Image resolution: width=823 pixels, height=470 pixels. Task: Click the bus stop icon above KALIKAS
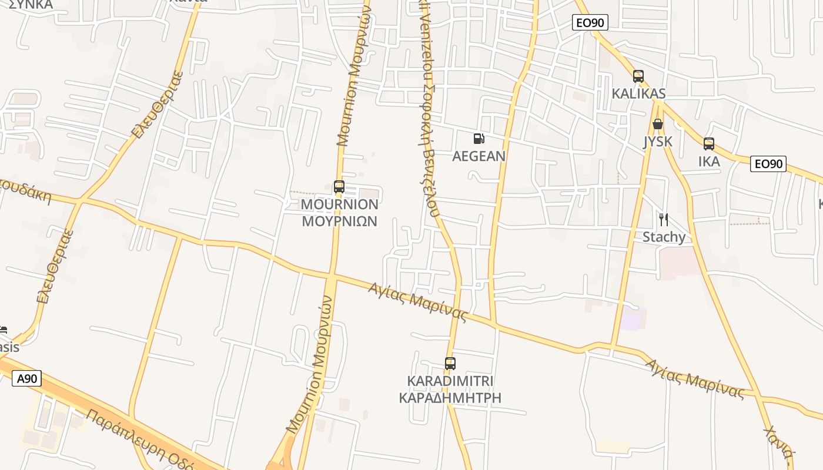point(638,76)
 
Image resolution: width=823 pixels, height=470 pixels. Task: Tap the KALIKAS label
point(638,93)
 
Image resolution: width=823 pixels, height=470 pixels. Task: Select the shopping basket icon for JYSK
point(658,124)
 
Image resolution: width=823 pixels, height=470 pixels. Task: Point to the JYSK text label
point(658,142)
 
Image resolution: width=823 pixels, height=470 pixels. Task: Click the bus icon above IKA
point(709,144)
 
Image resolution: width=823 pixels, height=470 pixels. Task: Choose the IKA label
point(709,162)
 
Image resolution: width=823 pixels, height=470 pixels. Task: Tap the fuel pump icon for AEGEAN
point(479,139)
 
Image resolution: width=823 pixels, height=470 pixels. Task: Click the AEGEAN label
point(479,156)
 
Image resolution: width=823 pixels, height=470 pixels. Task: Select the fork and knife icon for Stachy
point(664,220)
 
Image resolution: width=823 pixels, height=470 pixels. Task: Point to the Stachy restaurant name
point(664,237)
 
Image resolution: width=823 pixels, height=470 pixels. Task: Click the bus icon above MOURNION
point(339,187)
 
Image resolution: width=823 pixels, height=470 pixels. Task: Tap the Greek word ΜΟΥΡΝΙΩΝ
point(339,221)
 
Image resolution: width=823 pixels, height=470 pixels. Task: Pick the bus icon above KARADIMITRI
point(450,363)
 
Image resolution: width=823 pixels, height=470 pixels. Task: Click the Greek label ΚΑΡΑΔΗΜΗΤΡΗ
point(450,398)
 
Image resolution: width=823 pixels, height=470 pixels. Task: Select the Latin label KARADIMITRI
point(450,381)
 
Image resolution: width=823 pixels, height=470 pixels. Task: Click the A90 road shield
point(27,378)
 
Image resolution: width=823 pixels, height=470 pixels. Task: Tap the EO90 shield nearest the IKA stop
point(768,164)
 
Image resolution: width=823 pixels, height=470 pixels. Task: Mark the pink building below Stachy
point(679,263)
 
